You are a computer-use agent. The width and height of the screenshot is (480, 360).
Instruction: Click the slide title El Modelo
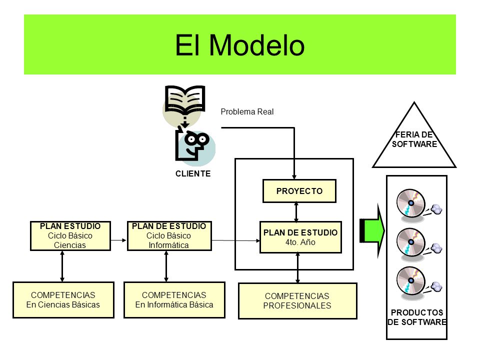click(x=239, y=45)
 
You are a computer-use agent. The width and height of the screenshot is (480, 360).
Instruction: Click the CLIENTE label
click(x=193, y=173)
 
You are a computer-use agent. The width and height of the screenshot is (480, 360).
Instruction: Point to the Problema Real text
click(x=247, y=111)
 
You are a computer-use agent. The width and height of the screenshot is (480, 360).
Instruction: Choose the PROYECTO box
click(x=299, y=191)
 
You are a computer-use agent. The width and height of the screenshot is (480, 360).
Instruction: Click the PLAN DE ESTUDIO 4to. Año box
click(x=300, y=237)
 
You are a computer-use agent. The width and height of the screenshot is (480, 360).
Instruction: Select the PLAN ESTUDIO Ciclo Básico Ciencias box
click(x=70, y=235)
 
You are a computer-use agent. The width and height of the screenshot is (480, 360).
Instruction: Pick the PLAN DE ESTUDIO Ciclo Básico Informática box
click(x=169, y=235)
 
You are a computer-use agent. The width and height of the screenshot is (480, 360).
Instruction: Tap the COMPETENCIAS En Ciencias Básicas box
click(x=63, y=300)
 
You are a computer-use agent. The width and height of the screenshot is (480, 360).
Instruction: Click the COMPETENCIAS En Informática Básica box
click(x=174, y=300)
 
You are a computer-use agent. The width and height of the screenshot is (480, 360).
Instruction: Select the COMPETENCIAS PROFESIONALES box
click(x=297, y=301)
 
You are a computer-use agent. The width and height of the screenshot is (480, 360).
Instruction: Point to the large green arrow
click(x=372, y=230)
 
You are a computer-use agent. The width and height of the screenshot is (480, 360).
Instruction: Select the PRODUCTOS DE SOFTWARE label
click(x=417, y=317)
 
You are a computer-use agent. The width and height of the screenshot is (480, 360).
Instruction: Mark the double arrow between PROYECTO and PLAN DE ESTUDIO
click(x=296, y=212)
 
